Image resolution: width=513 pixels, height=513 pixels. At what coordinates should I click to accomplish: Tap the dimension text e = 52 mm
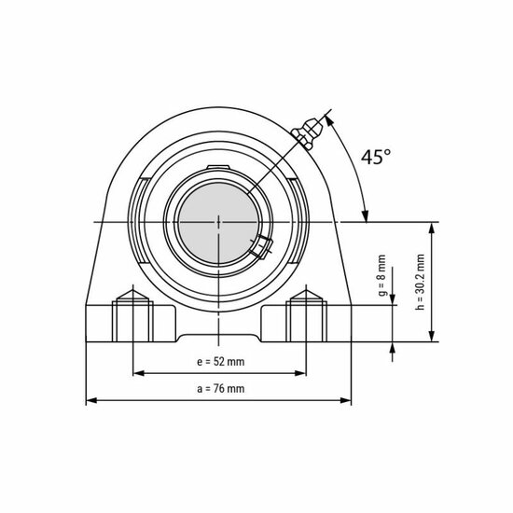pos(220,361)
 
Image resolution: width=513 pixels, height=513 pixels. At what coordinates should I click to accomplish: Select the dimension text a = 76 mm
pos(220,388)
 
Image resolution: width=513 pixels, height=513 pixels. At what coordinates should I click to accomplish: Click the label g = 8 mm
pos(381,277)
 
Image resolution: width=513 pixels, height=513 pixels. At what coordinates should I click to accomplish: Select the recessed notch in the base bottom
pos(218,334)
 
